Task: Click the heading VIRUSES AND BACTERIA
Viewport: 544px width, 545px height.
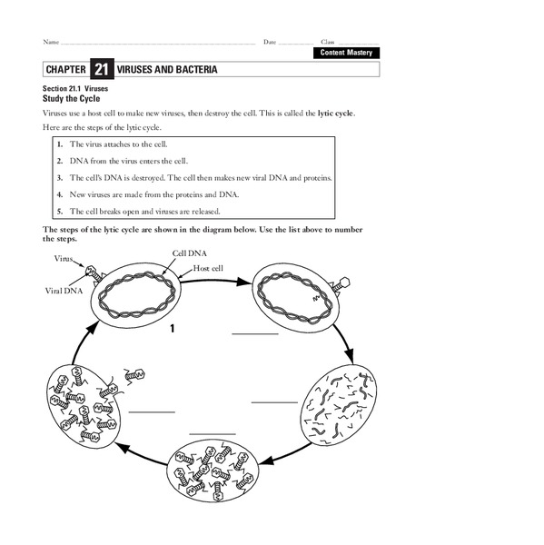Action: click(165, 69)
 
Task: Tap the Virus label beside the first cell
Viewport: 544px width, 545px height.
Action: click(64, 259)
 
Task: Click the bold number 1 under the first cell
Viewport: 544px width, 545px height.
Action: click(171, 328)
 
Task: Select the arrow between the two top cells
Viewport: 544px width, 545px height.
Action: click(214, 281)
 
